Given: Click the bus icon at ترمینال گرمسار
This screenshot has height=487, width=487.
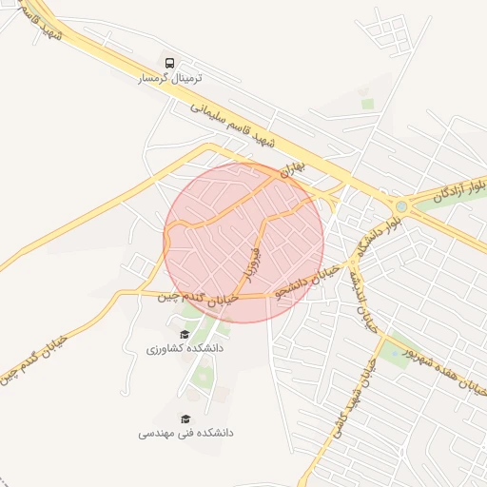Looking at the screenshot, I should (169, 64).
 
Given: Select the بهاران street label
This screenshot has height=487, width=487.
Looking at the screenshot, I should (296, 169).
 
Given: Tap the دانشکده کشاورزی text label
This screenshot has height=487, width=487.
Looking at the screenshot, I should (185, 349).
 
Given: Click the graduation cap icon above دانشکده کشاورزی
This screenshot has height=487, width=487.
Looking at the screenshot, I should (185, 334).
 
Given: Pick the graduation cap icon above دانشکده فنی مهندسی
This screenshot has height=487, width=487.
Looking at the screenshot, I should (185, 418).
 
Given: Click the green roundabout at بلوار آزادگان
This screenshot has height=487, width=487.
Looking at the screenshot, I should (401, 205).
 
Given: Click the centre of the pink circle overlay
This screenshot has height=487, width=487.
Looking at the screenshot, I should (243, 243).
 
